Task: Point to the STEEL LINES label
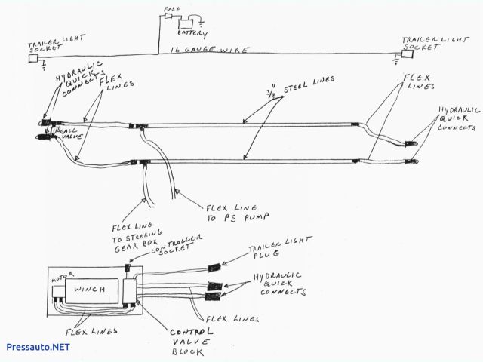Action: tap(285, 90)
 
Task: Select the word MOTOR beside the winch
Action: tap(60, 278)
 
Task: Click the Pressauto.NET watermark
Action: tap(38, 347)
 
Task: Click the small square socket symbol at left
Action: tap(32, 59)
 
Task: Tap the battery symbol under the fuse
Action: tap(182, 22)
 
